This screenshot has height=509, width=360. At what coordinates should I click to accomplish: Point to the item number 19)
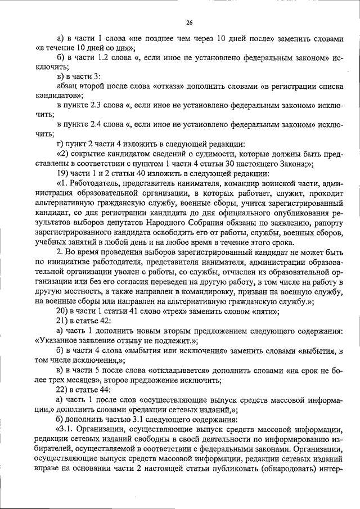pyautogui.click(x=62, y=173)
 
